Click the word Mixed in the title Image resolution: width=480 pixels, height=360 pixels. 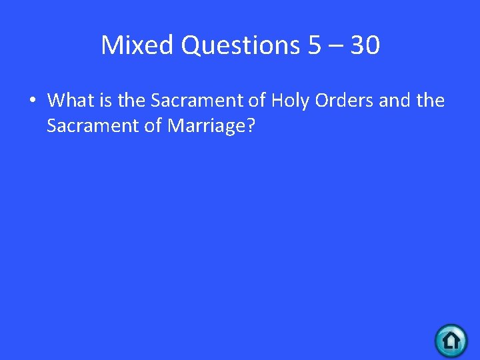[x=137, y=45]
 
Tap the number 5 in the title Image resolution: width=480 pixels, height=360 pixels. [x=315, y=45]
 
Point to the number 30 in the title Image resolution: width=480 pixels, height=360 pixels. [x=365, y=45]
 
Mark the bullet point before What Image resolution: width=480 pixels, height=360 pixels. [x=31, y=101]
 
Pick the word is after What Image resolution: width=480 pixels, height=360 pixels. [x=107, y=101]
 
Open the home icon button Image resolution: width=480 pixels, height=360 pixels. [x=451, y=341]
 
